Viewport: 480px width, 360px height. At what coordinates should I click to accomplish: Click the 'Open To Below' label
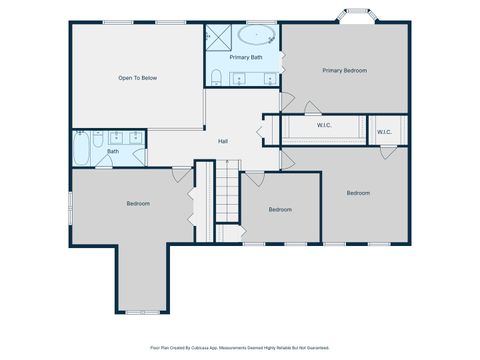click(138, 77)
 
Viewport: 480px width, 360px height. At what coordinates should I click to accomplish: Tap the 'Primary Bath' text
click(245, 58)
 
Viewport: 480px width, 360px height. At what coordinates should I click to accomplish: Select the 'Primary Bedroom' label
click(344, 70)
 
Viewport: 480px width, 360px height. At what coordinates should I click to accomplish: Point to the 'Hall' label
click(224, 141)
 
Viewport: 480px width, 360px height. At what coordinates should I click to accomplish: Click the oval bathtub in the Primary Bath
click(257, 37)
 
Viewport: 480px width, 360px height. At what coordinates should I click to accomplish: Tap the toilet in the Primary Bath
click(214, 76)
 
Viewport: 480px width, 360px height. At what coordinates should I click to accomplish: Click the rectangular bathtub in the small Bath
click(82, 150)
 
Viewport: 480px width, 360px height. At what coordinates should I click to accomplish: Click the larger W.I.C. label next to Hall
click(324, 126)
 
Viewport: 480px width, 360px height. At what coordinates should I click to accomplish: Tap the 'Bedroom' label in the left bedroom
click(138, 204)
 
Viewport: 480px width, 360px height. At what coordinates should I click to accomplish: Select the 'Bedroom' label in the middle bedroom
click(280, 209)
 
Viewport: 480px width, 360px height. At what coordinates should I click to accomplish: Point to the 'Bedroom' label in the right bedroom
click(358, 192)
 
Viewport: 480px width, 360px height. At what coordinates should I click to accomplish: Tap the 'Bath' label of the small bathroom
click(113, 152)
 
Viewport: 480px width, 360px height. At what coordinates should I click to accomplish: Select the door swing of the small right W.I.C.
click(387, 152)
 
